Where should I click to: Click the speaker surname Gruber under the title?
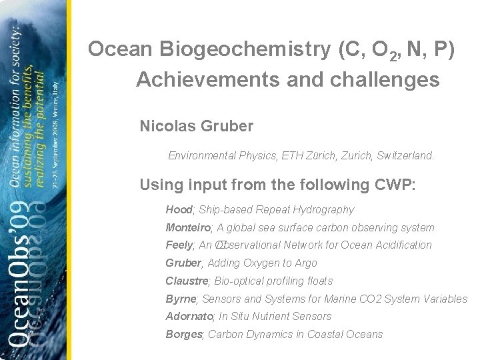(x=222, y=125)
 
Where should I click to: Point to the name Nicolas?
(x=163, y=125)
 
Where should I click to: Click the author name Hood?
(x=178, y=210)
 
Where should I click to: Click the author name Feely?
(x=179, y=245)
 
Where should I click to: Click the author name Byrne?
(x=181, y=299)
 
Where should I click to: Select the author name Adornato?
(x=189, y=317)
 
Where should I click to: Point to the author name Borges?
(x=184, y=335)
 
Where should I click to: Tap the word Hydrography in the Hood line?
(x=324, y=210)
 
